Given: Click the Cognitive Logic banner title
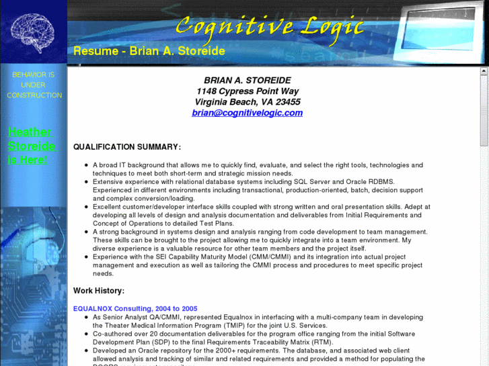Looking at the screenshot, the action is pos(269,26).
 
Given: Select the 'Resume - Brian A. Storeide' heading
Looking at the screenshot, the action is pos(149,51).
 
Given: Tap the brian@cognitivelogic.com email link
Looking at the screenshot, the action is pos(247,113).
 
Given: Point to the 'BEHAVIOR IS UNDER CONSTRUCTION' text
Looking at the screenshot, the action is pos(34,85).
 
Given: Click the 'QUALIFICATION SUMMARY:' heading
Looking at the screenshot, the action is pos(126,146).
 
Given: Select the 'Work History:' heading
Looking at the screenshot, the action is pos(99,291).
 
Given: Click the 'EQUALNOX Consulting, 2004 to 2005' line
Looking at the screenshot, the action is pos(135,308).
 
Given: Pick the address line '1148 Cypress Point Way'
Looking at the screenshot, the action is pos(248,91).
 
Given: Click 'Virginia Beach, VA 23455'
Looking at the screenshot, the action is pos(248,102).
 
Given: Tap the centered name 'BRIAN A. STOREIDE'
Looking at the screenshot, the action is pos(248,81).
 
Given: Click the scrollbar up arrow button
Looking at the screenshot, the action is pos(484,71).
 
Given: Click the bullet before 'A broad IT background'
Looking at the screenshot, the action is pos(86,165).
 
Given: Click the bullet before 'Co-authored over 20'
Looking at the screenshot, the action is pos(86,334).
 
